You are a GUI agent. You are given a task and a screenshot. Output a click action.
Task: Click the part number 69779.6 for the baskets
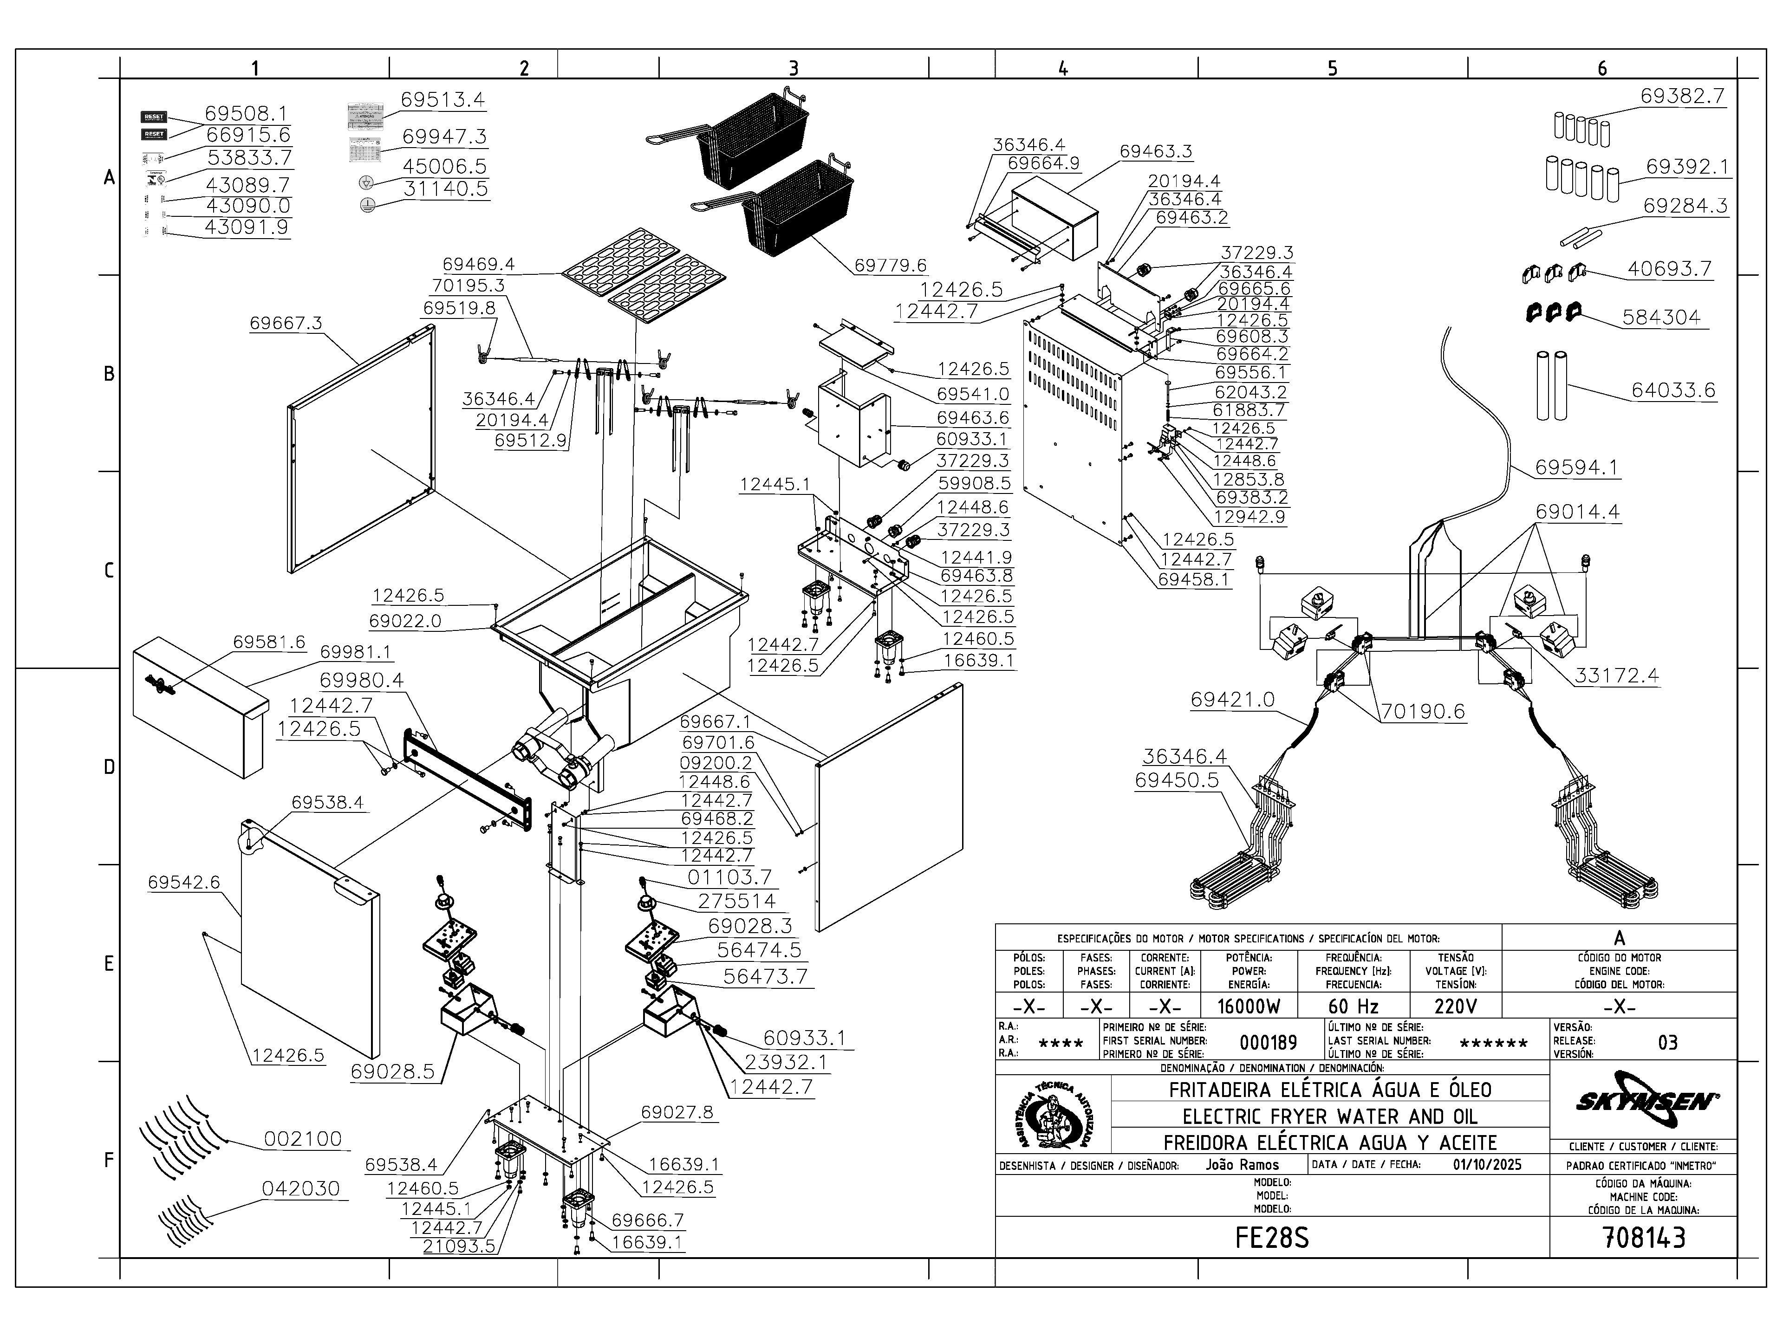[x=890, y=265]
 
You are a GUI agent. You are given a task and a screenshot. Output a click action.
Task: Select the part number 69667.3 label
[x=286, y=323]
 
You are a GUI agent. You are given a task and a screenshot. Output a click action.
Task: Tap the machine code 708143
[x=1644, y=1237]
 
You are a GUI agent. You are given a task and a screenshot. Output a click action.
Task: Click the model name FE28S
[x=1271, y=1237]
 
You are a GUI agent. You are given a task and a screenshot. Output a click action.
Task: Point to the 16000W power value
[x=1248, y=1006]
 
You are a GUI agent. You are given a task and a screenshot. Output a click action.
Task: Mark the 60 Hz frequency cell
[x=1354, y=1006]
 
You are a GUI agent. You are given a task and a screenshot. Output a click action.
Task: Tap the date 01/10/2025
[x=1487, y=1164]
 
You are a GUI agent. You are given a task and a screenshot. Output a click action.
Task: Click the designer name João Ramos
[x=1242, y=1164]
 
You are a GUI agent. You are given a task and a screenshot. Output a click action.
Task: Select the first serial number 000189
[x=1268, y=1042]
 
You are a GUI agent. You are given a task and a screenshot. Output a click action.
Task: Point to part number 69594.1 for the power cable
[x=1576, y=467]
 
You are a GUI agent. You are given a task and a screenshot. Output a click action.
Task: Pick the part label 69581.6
[x=269, y=642]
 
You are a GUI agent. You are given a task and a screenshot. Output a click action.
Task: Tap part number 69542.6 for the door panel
[x=184, y=882]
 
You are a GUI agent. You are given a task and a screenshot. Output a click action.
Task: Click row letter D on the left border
[x=109, y=766]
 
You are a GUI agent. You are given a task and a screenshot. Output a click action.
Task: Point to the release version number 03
[x=1668, y=1042]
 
